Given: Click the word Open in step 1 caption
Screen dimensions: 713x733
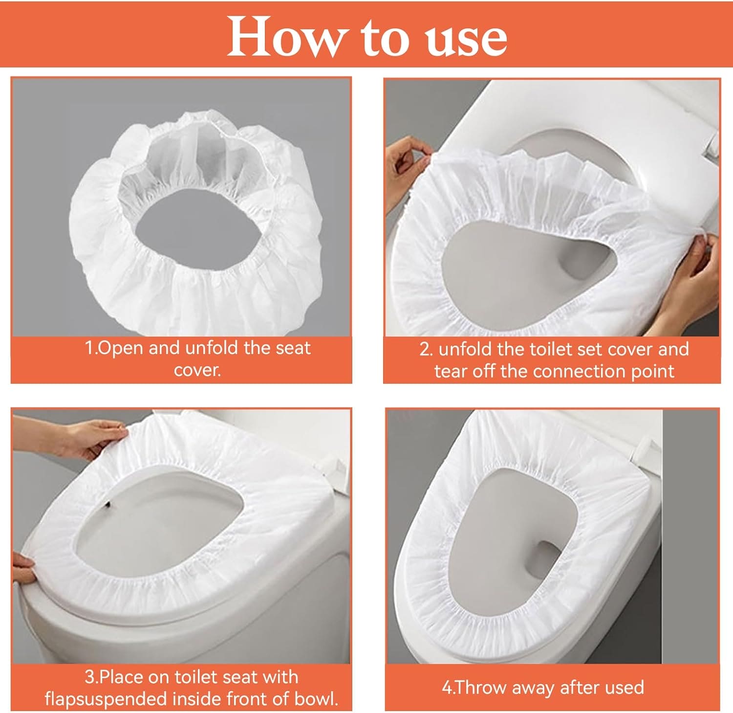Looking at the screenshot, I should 121,348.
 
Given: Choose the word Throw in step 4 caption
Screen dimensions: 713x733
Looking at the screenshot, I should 481,688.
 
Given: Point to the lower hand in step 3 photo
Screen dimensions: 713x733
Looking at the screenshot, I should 22,567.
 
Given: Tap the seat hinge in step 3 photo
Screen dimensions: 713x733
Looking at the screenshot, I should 332,467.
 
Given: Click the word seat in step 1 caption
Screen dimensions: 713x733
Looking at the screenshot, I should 293,348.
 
